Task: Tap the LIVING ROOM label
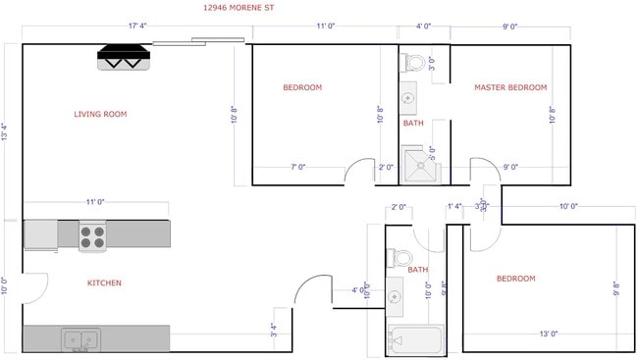click(100, 114)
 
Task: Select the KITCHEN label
click(104, 283)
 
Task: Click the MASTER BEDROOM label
click(509, 87)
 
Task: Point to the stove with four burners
click(92, 235)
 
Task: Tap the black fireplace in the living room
click(124, 58)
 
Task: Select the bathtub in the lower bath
click(415, 340)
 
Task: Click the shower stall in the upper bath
click(421, 165)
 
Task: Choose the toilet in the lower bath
click(400, 259)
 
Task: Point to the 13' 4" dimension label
click(7, 131)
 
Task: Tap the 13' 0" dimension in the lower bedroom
click(548, 334)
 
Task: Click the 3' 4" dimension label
click(274, 332)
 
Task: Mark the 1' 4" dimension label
click(453, 206)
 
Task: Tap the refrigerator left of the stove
click(40, 234)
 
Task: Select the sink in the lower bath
click(395, 295)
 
